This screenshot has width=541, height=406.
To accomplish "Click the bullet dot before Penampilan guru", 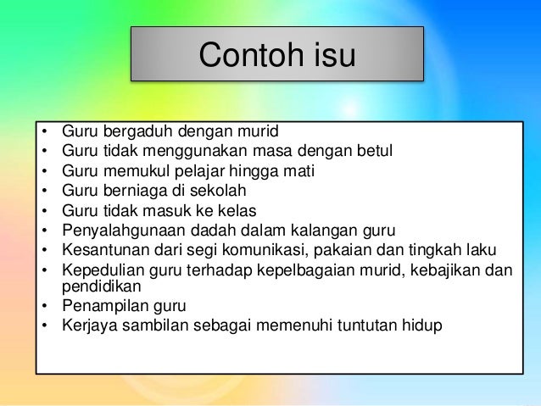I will tap(43, 305).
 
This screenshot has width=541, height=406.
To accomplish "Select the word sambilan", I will tap(155, 325).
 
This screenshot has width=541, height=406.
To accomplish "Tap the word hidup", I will tap(421, 325).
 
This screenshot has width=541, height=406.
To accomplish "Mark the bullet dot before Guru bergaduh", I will tap(43, 131).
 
